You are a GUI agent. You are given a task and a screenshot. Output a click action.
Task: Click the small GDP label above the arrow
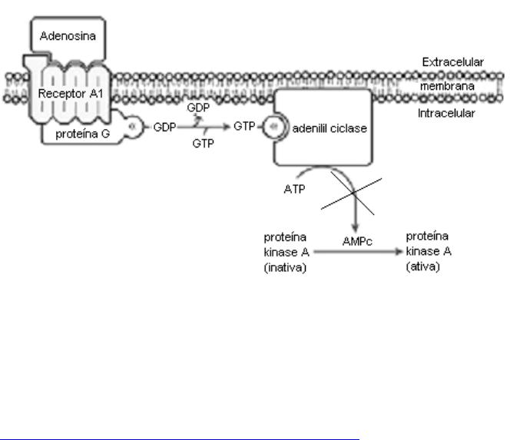coord(198,108)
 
